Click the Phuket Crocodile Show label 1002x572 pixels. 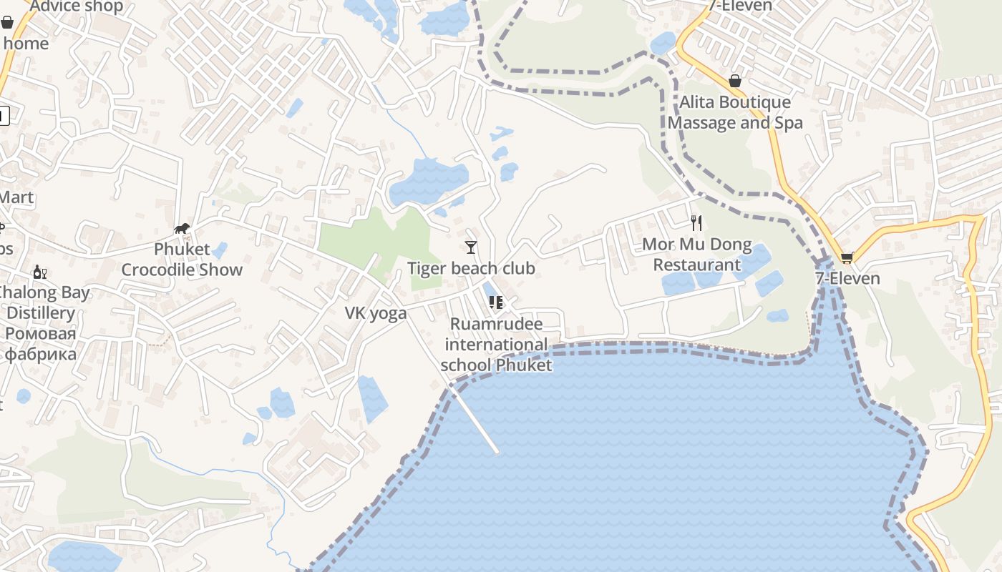coord(182,260)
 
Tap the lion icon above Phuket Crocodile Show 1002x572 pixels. coord(182,229)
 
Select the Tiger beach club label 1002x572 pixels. coord(471,268)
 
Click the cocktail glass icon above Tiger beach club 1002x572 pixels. coord(471,247)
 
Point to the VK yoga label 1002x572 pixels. coord(376,312)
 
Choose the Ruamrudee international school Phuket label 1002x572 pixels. coord(496,345)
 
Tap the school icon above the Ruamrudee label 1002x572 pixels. coord(496,302)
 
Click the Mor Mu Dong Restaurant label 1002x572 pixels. coord(697,255)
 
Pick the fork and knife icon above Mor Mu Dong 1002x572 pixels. coord(696,223)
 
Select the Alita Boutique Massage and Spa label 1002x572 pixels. coord(735,112)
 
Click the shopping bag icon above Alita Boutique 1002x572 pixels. coord(735,81)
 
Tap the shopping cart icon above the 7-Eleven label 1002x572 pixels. coord(847,257)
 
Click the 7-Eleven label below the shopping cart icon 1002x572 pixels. coord(847,278)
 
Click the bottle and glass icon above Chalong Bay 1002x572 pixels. coord(40,272)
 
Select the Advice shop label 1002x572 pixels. coord(77,6)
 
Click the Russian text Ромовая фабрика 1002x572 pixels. coord(40,344)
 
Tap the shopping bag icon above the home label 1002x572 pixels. coord(7,22)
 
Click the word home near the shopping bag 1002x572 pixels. coord(26,44)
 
